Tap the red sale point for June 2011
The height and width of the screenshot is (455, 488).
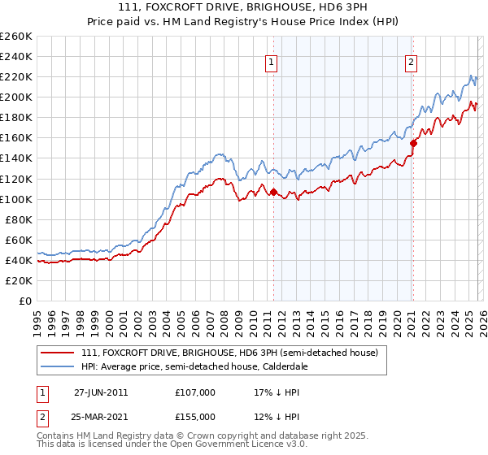pos(273,193)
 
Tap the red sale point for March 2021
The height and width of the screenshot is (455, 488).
pos(413,143)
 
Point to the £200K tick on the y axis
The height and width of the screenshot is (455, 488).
pos(16,97)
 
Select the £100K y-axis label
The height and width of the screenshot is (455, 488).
pos(16,199)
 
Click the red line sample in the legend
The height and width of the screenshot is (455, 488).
pos(57,353)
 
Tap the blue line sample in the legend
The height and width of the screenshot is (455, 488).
pos(57,367)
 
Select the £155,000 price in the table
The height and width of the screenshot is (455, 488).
pos(195,416)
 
